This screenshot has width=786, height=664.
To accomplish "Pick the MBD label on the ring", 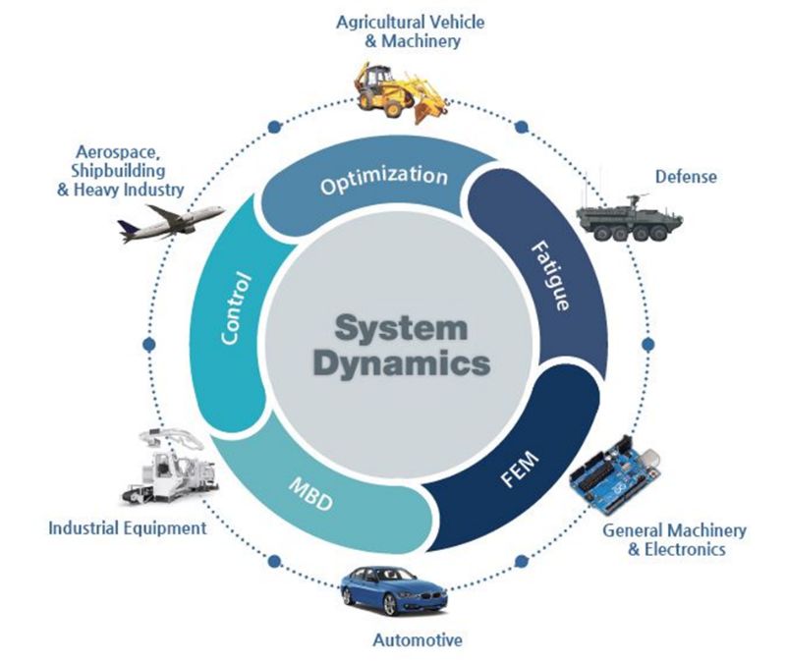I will click(310, 497).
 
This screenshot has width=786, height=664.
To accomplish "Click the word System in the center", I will click(398, 326).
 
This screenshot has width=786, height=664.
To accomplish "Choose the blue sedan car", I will click(389, 590).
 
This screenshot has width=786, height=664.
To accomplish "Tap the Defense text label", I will click(686, 177).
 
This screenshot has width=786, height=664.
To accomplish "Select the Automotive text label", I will click(417, 641).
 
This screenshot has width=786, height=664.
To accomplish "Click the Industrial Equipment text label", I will click(128, 528).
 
